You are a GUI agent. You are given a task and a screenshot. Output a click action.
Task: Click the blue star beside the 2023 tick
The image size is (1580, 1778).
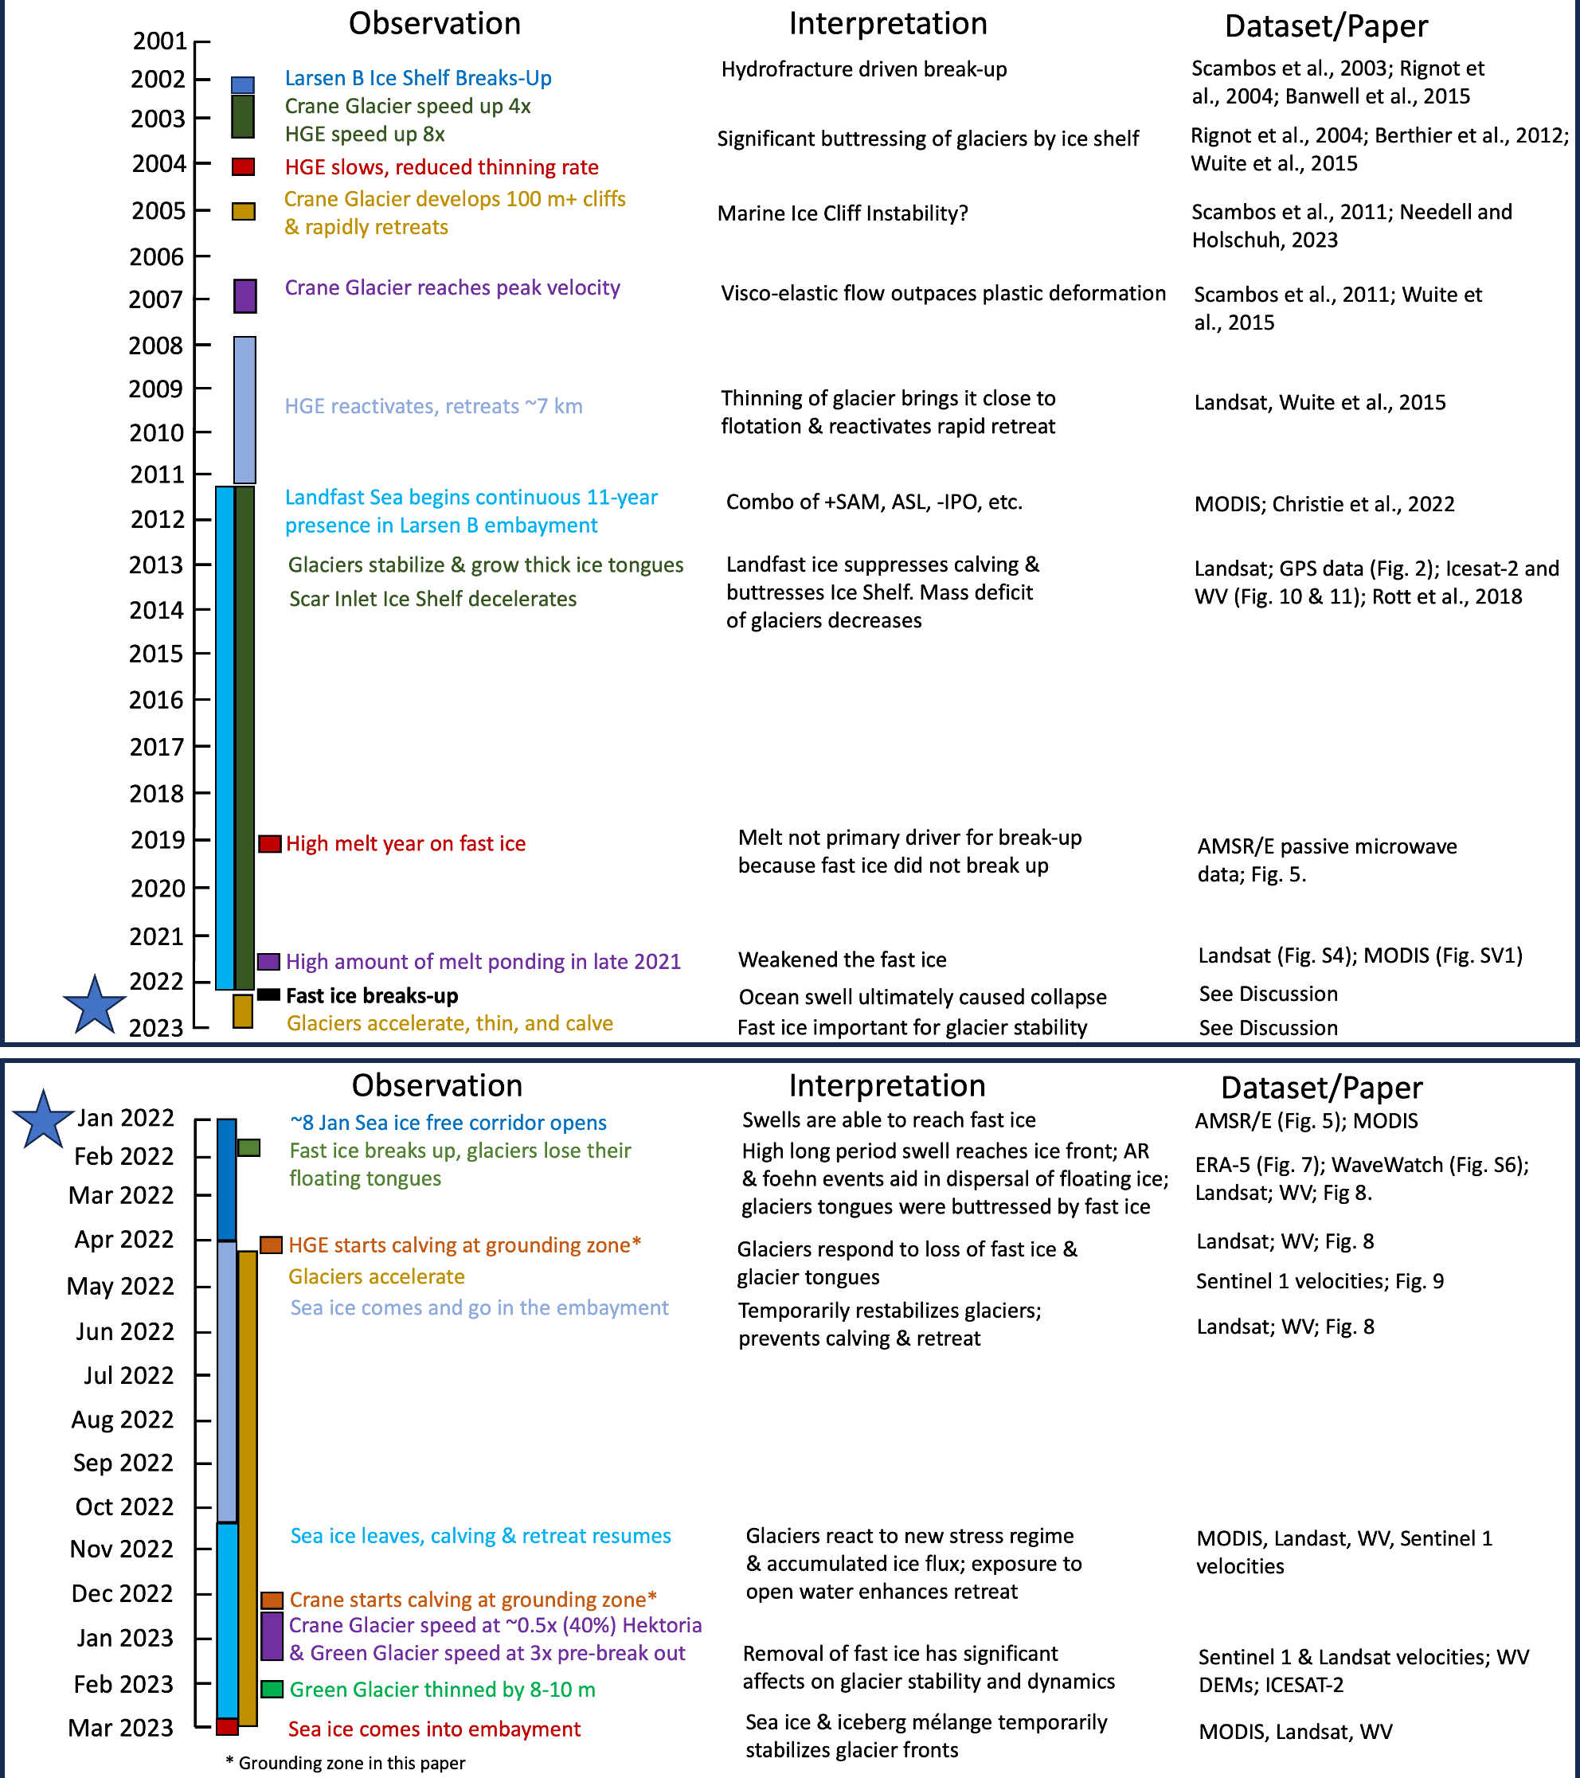pos(95,1005)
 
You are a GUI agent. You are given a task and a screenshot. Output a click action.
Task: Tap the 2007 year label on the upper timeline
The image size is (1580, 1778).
pos(157,300)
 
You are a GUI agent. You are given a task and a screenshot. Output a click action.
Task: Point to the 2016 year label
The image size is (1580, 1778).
pos(157,700)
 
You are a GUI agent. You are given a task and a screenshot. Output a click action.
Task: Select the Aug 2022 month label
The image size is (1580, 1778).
pos(123,1420)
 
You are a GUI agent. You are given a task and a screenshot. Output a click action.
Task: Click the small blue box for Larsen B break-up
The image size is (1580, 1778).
pos(243,84)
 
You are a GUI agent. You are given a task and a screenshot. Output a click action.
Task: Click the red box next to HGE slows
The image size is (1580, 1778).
pos(244,166)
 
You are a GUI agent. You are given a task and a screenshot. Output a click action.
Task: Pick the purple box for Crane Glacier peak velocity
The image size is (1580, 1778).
pos(245,295)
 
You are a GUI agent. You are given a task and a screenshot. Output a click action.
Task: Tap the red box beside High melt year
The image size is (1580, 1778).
pos(270,843)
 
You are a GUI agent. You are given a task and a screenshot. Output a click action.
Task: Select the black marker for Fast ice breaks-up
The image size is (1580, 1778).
pos(269,995)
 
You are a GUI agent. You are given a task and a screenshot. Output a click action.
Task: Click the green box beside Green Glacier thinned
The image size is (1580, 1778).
pos(272,1690)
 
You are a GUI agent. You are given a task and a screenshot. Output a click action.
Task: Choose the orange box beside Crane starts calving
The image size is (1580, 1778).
pos(272,1600)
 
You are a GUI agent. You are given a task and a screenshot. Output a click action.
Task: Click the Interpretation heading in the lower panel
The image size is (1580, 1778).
pos(886,1085)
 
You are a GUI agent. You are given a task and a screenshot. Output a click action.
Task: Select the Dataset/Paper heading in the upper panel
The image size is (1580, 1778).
pos(1326,26)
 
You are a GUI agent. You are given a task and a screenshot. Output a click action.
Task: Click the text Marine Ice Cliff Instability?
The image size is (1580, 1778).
pos(843,214)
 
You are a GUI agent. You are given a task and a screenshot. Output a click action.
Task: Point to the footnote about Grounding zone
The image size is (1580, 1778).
pos(346,1763)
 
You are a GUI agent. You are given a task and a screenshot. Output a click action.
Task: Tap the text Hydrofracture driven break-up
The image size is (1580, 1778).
pos(864,69)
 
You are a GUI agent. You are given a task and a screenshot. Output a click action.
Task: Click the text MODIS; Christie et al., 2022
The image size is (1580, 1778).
pos(1324,505)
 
